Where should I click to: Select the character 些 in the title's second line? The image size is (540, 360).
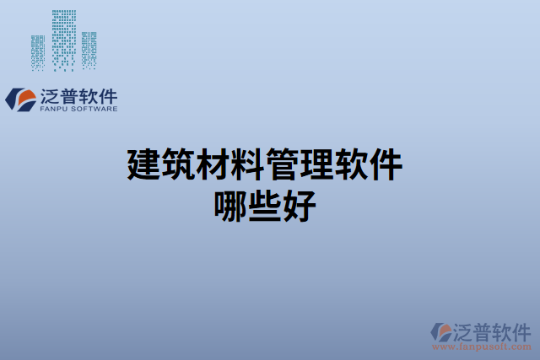tap(268, 205)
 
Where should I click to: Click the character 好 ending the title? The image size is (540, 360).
tap(302, 205)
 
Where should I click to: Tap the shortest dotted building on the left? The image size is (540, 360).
tap(38, 52)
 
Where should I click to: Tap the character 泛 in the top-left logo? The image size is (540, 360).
tap(51, 94)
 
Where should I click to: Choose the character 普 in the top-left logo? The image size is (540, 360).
tap(73, 94)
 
